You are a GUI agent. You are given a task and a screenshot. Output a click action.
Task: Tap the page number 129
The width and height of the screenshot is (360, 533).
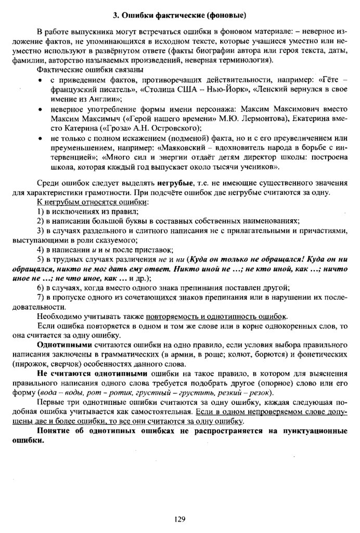[x=180, y=518]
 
